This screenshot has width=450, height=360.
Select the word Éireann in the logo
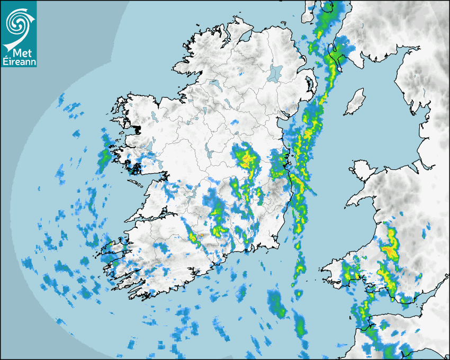[19, 62]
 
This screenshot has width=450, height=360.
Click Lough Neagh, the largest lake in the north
[275, 73]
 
